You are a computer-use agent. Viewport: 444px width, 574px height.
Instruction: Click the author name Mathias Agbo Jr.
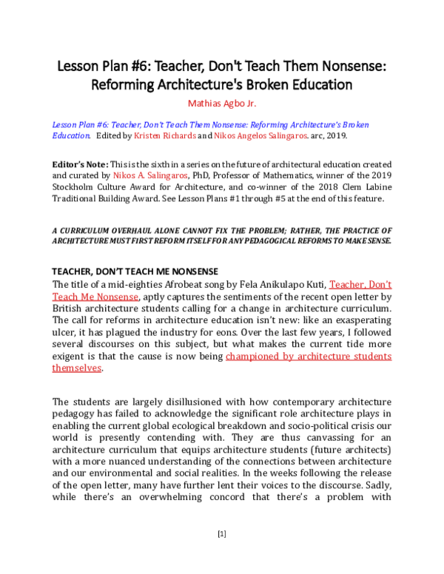pyautogui.click(x=221, y=102)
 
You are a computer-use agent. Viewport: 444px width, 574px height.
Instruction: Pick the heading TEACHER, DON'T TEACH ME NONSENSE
pyautogui.click(x=124, y=271)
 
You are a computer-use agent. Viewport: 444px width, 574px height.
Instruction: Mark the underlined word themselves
pyautogui.click(x=77, y=368)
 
